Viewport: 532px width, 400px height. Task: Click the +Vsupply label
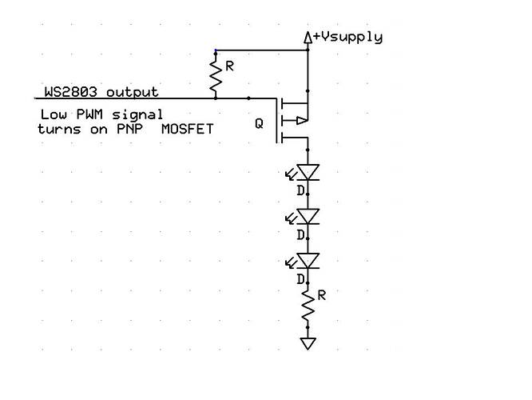click(x=348, y=37)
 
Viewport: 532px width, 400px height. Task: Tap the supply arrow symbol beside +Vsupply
click(x=308, y=36)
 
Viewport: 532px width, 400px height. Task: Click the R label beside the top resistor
click(x=229, y=66)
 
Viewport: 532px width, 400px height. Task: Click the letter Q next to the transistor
click(x=259, y=124)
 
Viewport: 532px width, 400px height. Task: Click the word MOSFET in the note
click(x=188, y=128)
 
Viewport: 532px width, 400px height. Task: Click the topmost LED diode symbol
click(x=308, y=172)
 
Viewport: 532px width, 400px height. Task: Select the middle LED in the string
click(x=308, y=217)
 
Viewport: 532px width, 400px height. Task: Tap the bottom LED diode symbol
click(x=308, y=261)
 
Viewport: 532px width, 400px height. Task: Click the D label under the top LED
click(x=300, y=190)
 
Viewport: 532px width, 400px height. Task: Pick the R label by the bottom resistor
click(x=322, y=295)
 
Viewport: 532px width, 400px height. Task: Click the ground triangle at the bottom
click(x=308, y=343)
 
